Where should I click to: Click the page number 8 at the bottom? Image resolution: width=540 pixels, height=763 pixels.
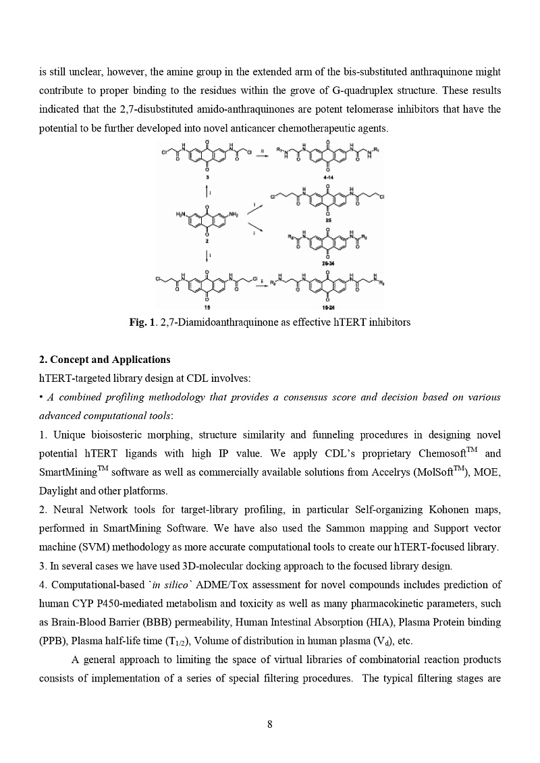pyautogui.click(x=270, y=725)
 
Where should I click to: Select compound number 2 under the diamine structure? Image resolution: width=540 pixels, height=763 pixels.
pyautogui.click(x=207, y=241)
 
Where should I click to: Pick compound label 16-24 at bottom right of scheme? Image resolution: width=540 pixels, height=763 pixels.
pyautogui.click(x=327, y=307)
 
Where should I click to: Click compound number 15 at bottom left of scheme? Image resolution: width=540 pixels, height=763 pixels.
pyautogui.click(x=207, y=307)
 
